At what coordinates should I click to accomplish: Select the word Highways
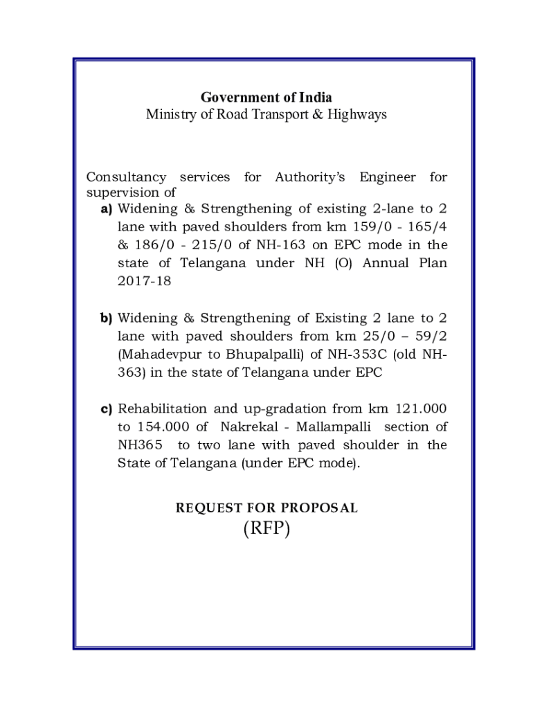tap(358, 114)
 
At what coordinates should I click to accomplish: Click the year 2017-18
tap(144, 282)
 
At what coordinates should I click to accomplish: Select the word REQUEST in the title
tap(206, 508)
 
